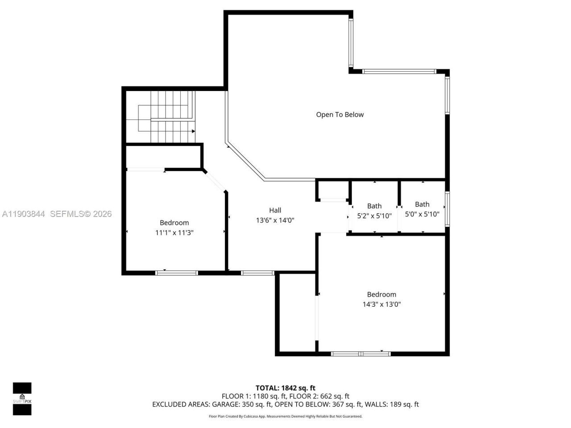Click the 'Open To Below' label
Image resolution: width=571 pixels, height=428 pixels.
pyautogui.click(x=340, y=115)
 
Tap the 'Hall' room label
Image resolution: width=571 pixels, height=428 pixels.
pyautogui.click(x=275, y=210)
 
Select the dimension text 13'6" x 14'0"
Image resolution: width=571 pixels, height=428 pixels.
pyautogui.click(x=275, y=220)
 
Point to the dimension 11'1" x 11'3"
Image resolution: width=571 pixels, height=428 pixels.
pyautogui.click(x=174, y=233)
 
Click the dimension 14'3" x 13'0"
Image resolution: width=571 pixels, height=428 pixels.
pyautogui.click(x=381, y=305)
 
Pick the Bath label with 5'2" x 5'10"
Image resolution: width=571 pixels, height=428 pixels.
pyautogui.click(x=374, y=206)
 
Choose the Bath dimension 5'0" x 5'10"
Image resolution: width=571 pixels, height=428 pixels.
pyautogui.click(x=422, y=214)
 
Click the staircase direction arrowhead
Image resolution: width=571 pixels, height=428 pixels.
pyautogui.click(x=193, y=131)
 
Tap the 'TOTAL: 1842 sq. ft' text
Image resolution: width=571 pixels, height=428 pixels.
pyautogui.click(x=285, y=388)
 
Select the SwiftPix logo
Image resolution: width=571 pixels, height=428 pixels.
pyautogui.click(x=22, y=399)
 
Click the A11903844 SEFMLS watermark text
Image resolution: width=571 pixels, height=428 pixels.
pyautogui.click(x=56, y=214)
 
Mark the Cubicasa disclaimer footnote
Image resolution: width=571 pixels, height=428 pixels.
pyautogui.click(x=285, y=416)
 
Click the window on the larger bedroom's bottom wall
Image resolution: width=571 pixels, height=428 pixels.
pyautogui.click(x=361, y=354)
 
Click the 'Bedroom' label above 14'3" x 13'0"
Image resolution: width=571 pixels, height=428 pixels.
pyautogui.click(x=381, y=294)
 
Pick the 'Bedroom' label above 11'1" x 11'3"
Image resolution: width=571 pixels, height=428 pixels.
pyautogui.click(x=174, y=222)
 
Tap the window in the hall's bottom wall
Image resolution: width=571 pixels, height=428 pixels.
pyautogui.click(x=257, y=272)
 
